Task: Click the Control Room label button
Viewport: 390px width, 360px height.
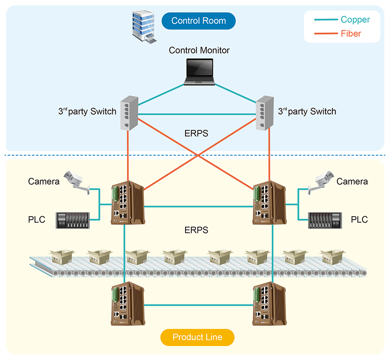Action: point(198,21)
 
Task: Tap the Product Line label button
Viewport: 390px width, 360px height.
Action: point(197,337)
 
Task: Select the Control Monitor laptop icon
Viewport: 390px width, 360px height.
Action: point(199,71)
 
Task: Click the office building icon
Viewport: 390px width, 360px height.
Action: point(143,26)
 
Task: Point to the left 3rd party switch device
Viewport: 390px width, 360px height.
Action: point(128,112)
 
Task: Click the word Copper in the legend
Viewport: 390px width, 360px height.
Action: point(355,19)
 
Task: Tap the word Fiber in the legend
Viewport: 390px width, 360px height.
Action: point(351,33)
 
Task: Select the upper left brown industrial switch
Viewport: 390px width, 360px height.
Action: point(127,204)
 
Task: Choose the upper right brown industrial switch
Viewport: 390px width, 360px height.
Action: point(269,204)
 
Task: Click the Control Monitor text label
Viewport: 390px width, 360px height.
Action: point(199,50)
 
